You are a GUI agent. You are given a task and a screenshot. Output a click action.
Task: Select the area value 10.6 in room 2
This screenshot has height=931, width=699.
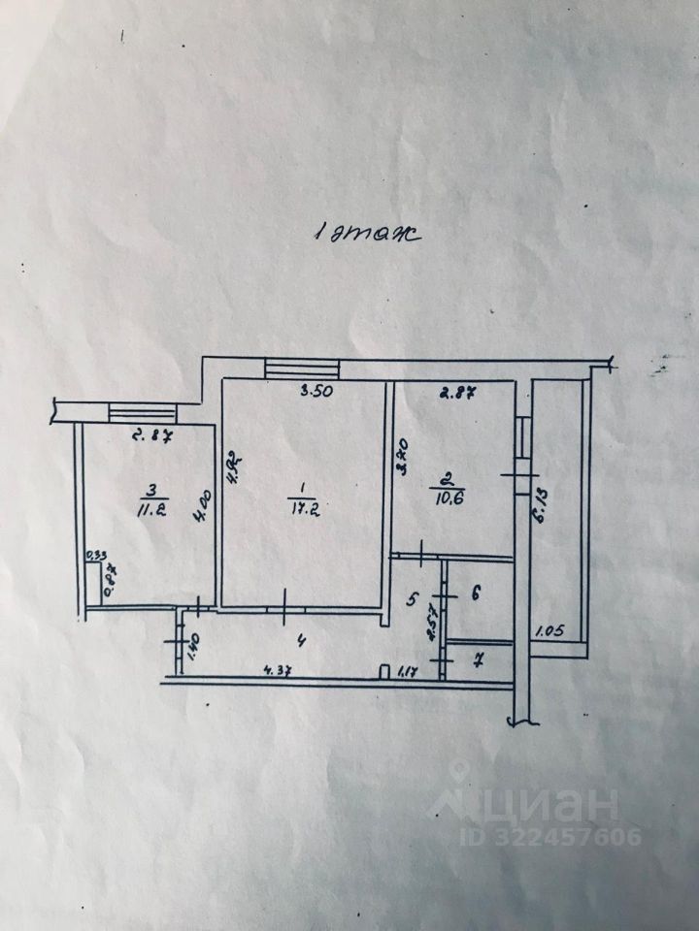click(x=449, y=498)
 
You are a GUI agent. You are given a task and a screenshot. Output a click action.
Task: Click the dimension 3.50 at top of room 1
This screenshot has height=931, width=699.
click(x=314, y=392)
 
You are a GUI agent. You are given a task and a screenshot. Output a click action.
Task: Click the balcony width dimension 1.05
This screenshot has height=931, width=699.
click(x=549, y=631)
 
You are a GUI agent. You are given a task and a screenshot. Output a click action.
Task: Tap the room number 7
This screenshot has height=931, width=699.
click(x=477, y=661)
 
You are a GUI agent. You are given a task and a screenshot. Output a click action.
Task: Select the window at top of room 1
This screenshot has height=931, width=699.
click(x=302, y=369)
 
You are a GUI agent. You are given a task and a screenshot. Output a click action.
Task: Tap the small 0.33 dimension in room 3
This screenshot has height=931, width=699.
click(x=96, y=557)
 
